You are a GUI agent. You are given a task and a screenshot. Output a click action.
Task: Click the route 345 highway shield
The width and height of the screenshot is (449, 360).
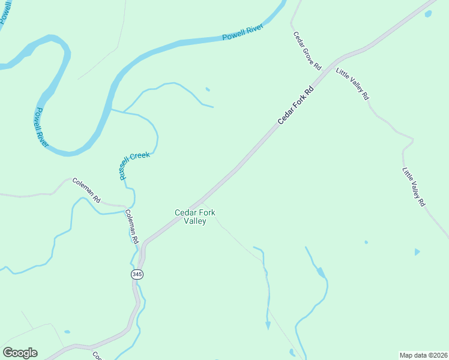137,274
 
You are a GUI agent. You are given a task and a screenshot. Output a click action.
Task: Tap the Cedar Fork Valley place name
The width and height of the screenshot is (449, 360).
194,217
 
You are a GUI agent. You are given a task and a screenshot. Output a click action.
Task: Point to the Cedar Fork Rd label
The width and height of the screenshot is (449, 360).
297,107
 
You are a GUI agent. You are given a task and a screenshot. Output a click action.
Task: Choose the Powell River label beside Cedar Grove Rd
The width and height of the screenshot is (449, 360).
243,34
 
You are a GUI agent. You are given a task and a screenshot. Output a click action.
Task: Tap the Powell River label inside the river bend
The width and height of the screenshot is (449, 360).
41,127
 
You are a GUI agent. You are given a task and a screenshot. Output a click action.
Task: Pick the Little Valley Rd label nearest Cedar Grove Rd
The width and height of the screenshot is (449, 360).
352,83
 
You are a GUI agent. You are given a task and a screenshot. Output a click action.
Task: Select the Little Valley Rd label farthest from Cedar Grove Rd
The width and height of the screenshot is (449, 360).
414,187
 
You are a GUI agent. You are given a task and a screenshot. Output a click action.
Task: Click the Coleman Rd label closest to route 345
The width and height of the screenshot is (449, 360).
132,226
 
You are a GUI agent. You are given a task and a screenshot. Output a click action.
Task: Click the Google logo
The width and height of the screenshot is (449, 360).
20,353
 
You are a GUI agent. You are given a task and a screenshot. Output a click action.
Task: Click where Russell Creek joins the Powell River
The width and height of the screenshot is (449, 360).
111,109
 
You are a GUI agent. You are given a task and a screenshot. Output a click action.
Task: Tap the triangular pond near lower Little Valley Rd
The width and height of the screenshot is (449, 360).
417,251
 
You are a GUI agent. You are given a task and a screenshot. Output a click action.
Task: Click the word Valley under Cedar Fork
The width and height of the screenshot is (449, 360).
195,221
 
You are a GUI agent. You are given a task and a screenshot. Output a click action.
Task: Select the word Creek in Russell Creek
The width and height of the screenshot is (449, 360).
139,157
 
